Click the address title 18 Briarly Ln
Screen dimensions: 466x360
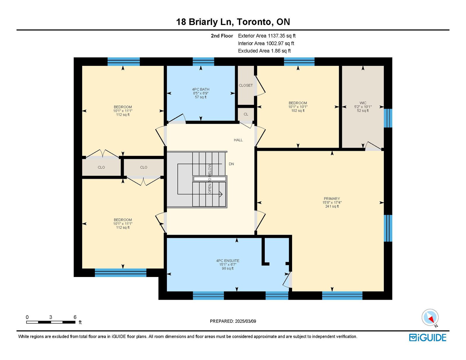point(204,22)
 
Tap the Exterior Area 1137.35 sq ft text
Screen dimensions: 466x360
point(267,36)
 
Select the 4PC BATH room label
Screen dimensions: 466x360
point(201,89)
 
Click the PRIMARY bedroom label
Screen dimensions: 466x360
point(332,199)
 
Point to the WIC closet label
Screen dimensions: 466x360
point(363,103)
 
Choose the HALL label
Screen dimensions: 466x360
point(238,140)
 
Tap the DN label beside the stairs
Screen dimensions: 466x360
point(231,164)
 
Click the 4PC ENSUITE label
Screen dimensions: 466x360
point(228,261)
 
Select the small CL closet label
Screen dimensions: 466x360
point(246,114)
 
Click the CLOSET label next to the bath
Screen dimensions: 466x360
point(246,85)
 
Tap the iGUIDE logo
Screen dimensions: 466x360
point(428,338)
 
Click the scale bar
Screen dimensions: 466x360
point(51,322)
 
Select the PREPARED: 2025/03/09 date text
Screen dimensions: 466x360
point(233,321)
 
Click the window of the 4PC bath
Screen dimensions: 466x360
point(203,61)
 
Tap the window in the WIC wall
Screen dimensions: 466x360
point(388,118)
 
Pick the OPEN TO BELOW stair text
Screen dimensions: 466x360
point(210,179)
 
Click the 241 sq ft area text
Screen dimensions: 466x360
point(332,207)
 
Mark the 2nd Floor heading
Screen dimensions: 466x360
point(222,36)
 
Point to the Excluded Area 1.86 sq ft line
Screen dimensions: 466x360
point(264,51)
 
